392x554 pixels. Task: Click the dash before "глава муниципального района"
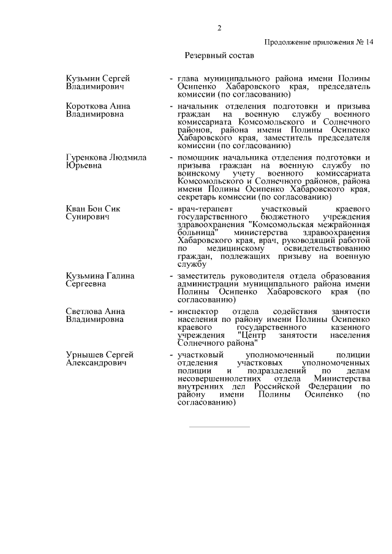coord(171,79)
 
